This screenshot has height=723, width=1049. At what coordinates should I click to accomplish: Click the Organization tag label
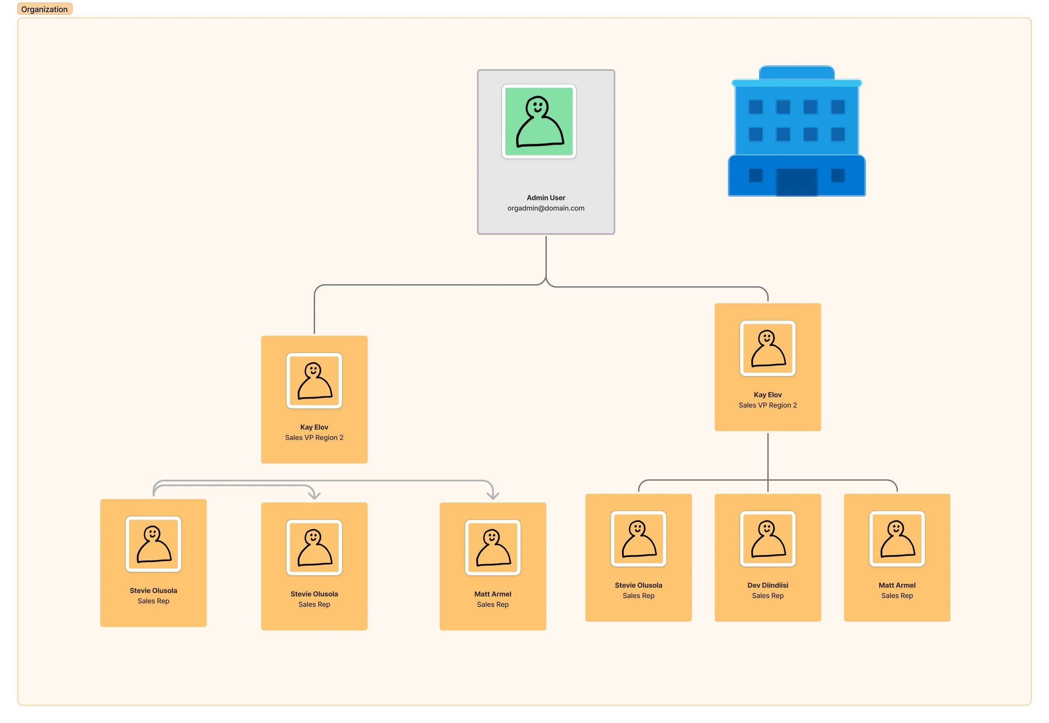click(x=44, y=9)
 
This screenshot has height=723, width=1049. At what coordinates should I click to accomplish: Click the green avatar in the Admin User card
click(x=538, y=121)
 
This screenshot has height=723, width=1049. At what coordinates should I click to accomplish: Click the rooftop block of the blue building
click(x=796, y=73)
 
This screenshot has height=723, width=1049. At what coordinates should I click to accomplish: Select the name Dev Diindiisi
click(x=767, y=585)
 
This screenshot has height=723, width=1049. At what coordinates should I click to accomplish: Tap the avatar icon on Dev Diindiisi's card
click(x=767, y=539)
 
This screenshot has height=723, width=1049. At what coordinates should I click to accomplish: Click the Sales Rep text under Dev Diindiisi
click(x=767, y=595)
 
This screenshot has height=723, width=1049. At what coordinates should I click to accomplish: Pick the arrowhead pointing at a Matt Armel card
click(x=493, y=496)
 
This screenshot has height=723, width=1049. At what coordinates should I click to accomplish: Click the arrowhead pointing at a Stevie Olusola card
click(x=314, y=496)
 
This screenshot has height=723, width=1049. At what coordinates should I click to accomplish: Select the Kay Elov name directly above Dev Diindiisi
click(x=767, y=394)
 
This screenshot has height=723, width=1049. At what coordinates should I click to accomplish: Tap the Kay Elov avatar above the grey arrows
click(x=314, y=381)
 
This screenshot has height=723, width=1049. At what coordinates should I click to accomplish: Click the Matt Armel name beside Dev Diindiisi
click(x=896, y=585)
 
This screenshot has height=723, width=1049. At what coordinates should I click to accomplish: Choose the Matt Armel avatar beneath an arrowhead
click(x=493, y=547)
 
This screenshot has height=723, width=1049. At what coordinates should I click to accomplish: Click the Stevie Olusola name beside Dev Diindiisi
click(x=638, y=585)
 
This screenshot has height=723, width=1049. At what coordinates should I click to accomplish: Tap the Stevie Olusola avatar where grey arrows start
click(x=153, y=544)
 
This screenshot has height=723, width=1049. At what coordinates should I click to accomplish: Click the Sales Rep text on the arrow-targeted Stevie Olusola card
click(x=314, y=604)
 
